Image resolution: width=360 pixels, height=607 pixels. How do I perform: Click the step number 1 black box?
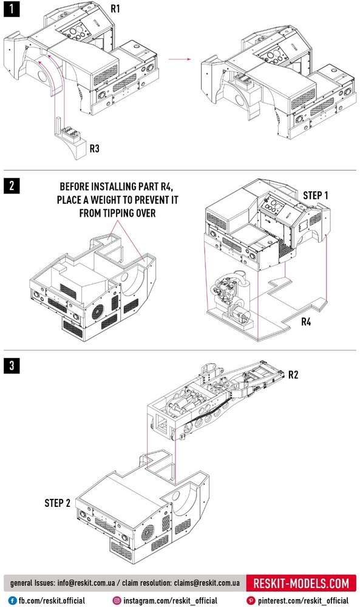tap(12, 9)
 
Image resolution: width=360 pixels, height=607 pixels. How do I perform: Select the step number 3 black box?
tap(12, 365)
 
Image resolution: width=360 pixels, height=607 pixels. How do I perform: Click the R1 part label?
tap(115, 8)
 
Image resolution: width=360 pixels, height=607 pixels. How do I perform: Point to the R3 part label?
tap(95, 148)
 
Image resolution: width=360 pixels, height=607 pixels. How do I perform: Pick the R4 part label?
tap(306, 322)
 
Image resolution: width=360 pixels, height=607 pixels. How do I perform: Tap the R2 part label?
tap(293, 375)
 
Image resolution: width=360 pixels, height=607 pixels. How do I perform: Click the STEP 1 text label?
tap(316, 195)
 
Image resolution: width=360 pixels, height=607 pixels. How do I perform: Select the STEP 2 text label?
tap(57, 503)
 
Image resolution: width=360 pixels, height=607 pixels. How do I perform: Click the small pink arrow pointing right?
tap(180, 59)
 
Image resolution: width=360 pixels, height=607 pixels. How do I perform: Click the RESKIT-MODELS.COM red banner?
tap(301, 583)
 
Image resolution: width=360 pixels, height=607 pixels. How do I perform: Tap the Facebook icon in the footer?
tap(12, 600)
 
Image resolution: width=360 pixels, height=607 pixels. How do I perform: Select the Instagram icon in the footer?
tap(117, 600)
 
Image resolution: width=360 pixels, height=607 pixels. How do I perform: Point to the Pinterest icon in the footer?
tap(251, 600)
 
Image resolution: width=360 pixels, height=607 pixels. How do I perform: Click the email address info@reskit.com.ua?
tap(86, 583)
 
